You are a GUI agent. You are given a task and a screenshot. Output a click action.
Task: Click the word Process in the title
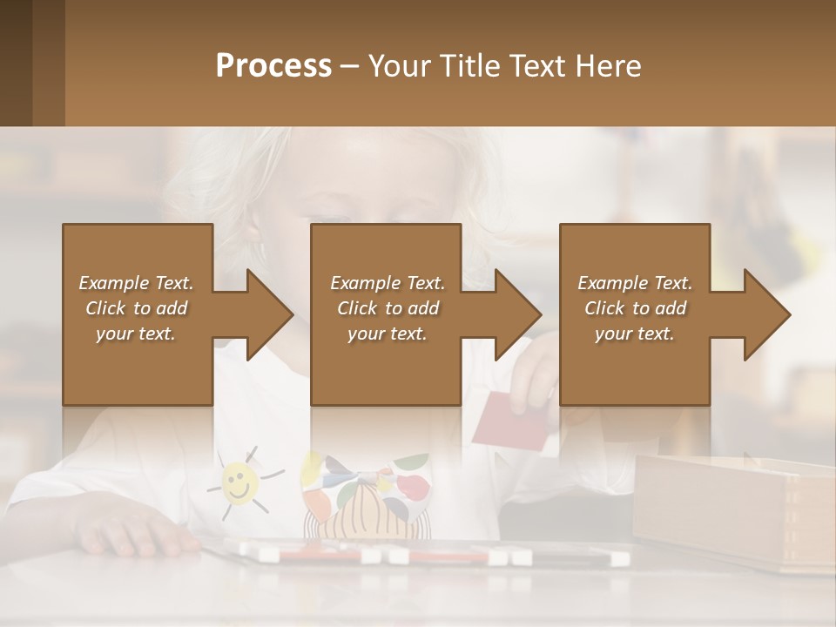coord(273,65)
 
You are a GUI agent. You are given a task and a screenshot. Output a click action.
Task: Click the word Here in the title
coord(610,65)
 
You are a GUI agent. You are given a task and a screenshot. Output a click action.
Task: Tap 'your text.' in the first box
coord(136,334)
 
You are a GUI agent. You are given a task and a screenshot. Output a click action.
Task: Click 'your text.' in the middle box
coord(388,334)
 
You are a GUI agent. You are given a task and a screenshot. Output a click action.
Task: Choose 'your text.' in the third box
coord(635,334)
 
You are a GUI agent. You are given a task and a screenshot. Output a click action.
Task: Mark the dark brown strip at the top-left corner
coord(31,63)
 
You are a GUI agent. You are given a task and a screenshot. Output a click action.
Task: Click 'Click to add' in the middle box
coord(388,308)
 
